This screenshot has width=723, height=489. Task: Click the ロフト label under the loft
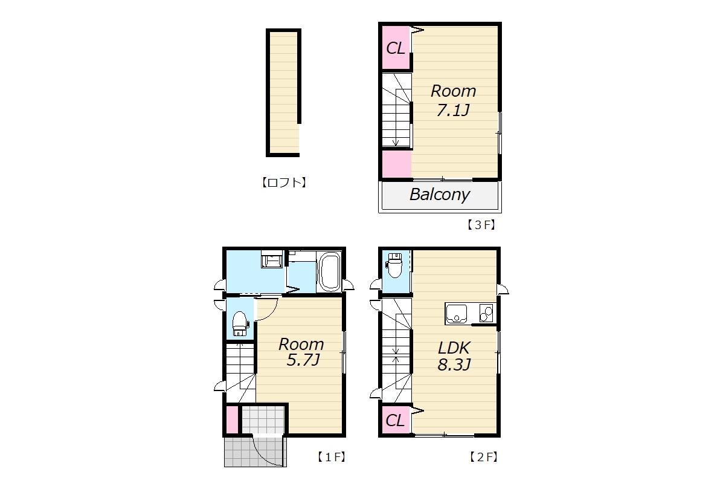(284, 183)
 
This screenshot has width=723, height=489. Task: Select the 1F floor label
(332, 457)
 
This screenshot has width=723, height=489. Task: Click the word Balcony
(440, 194)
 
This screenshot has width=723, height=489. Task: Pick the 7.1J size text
(453, 110)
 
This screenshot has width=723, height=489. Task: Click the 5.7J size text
(303, 360)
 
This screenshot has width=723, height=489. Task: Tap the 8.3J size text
(454, 364)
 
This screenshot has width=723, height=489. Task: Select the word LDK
(454, 348)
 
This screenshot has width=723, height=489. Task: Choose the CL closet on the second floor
(396, 420)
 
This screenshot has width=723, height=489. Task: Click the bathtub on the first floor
(329, 271)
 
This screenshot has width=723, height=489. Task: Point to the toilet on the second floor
(395, 265)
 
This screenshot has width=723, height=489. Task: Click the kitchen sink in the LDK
(457, 313)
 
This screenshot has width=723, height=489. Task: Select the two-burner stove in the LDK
(486, 313)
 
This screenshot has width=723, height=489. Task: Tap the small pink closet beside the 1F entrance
(233, 419)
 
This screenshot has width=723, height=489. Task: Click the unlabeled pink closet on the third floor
(397, 164)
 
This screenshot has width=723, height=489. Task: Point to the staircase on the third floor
(396, 110)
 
